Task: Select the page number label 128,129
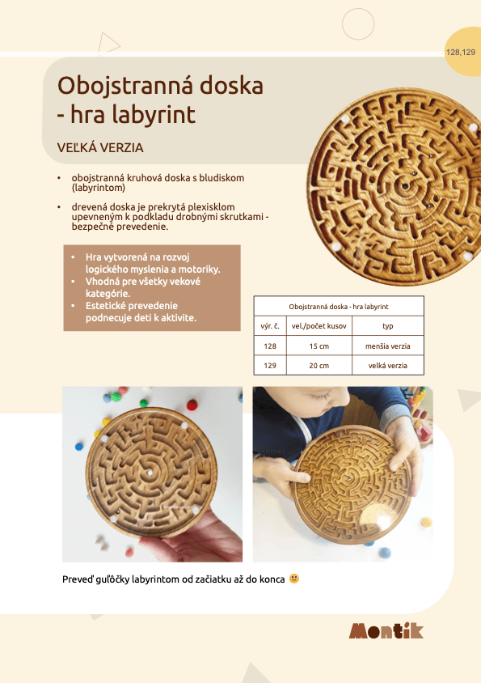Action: pyautogui.click(x=460, y=53)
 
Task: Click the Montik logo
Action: pyautogui.click(x=386, y=631)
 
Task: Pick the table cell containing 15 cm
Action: pyautogui.click(x=319, y=346)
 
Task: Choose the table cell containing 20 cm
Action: pyautogui.click(x=319, y=366)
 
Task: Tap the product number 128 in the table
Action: pyautogui.click(x=270, y=346)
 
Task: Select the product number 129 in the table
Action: pyautogui.click(x=270, y=366)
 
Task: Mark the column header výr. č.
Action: pyautogui.click(x=270, y=326)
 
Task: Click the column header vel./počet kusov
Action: pyautogui.click(x=319, y=326)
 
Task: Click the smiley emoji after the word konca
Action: pyautogui.click(x=293, y=579)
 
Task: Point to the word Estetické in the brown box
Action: pyautogui.click(x=111, y=306)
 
